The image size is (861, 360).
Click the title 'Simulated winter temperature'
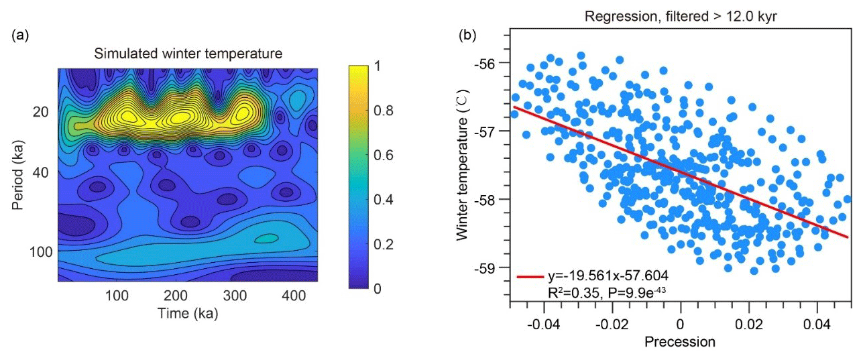coord(188,52)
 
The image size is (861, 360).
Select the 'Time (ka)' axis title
coord(188,313)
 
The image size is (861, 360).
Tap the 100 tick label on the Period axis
coord(42,251)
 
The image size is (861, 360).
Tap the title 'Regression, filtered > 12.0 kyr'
coord(681,16)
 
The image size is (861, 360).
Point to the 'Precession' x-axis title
coord(680,342)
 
